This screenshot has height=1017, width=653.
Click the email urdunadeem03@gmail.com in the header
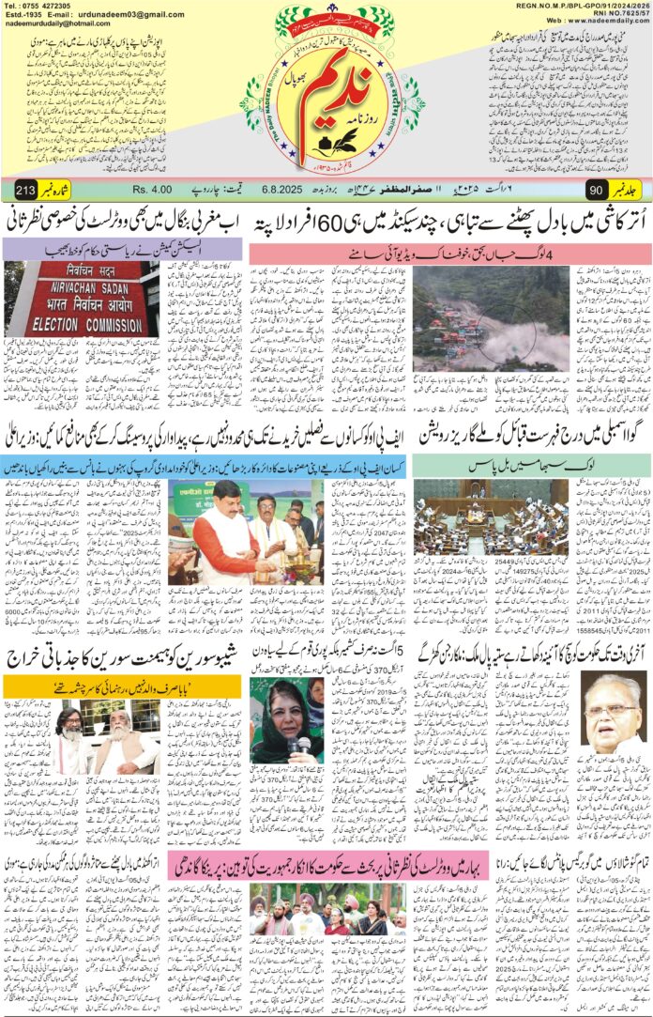131,15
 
